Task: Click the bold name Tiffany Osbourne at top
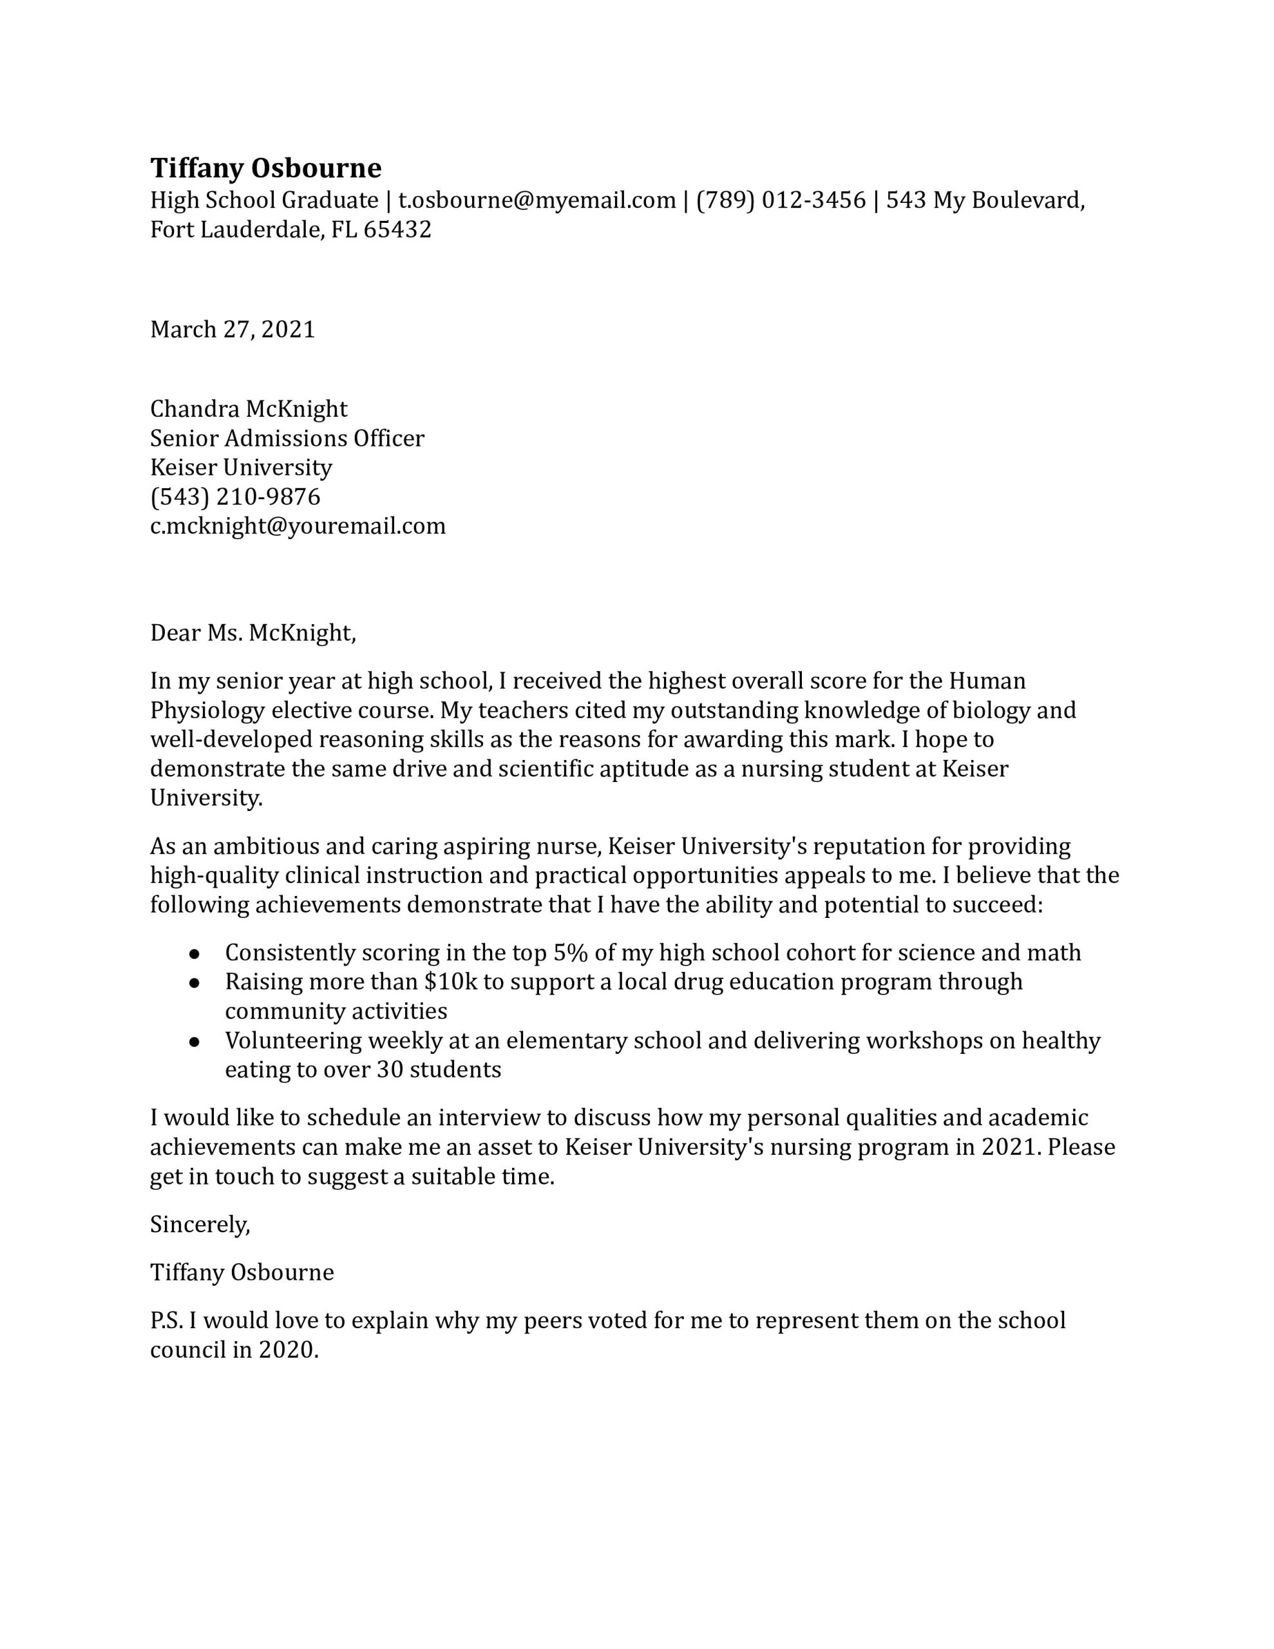point(266,167)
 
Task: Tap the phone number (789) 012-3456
point(780,200)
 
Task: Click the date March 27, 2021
point(233,329)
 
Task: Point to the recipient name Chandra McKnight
point(249,408)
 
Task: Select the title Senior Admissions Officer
point(287,438)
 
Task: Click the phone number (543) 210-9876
point(235,496)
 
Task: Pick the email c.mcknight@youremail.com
point(298,526)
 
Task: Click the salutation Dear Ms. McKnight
point(252,632)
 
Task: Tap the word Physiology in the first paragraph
point(207,710)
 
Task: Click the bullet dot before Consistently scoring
point(194,953)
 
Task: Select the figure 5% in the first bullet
point(570,953)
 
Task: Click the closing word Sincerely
point(200,1224)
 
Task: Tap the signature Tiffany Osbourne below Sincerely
point(242,1272)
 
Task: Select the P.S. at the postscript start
point(166,1320)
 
